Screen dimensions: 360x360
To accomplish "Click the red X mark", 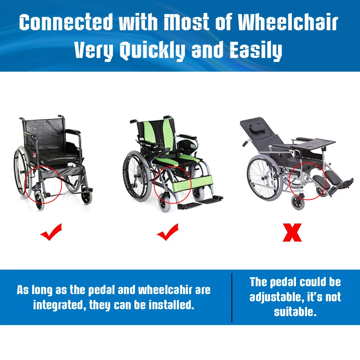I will (x=292, y=232).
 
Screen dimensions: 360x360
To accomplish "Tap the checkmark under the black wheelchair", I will (x=51, y=232).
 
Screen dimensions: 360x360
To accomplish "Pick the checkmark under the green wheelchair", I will (x=168, y=232).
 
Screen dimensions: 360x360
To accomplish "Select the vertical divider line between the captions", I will (x=232, y=297).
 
